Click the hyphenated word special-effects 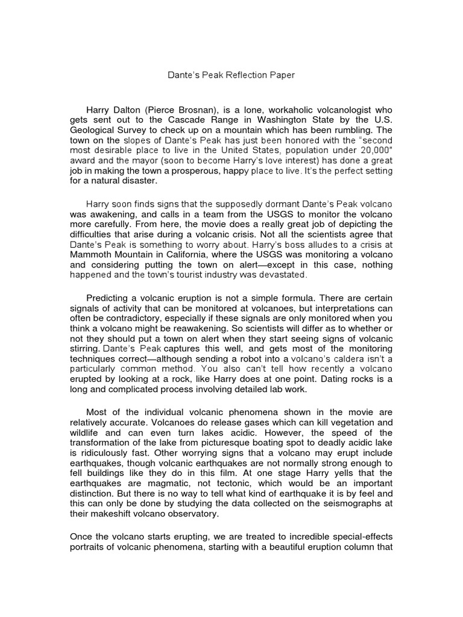(361, 537)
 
